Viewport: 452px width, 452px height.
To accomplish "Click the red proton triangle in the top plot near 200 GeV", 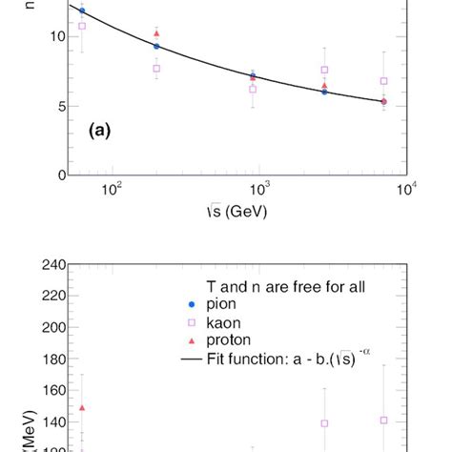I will [x=156, y=34].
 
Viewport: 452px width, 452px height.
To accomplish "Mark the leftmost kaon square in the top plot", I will [x=82, y=26].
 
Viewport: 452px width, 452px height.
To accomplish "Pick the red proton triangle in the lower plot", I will [x=82, y=408].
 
